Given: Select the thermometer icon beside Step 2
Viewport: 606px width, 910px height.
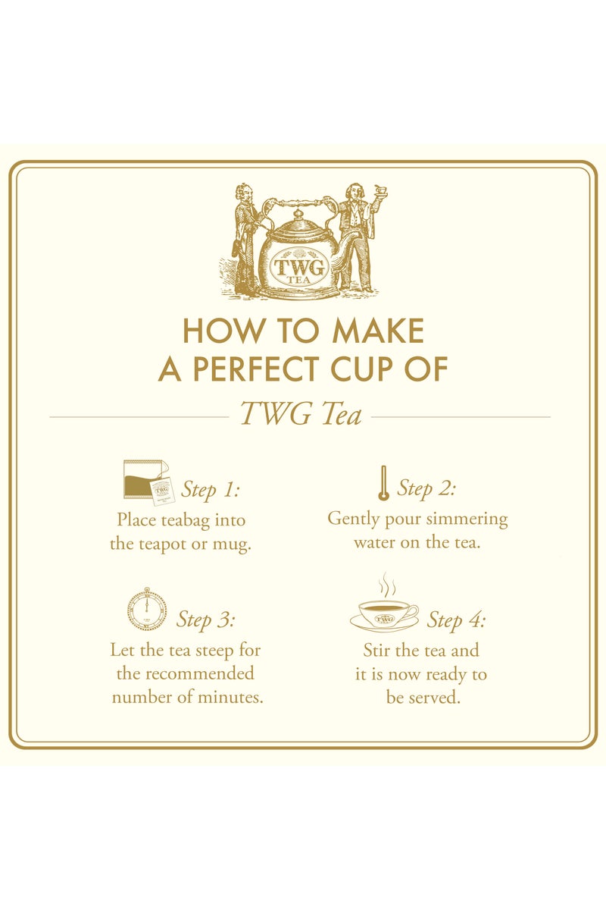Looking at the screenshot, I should [383, 482].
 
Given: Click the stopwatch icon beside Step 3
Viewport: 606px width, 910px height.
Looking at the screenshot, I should [147, 610].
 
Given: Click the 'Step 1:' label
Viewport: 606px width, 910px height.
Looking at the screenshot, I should [210, 490].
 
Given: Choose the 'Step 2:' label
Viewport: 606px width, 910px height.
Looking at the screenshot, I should [426, 488].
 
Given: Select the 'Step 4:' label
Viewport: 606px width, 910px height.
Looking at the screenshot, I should [456, 620].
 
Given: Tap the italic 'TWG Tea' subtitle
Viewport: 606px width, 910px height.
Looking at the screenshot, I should [301, 415].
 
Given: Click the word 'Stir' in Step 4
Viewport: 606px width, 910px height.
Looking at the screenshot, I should [378, 650].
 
